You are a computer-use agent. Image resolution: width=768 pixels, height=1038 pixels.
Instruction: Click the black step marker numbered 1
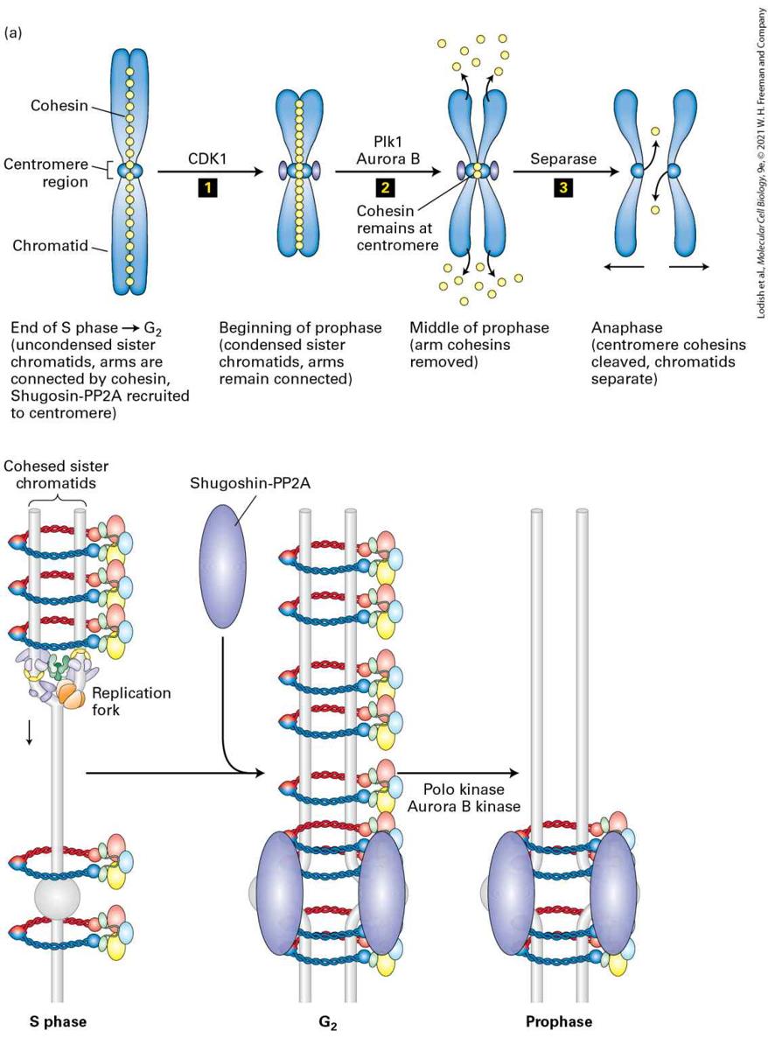[x=207, y=188]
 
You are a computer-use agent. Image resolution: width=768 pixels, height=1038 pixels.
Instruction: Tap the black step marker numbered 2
[x=384, y=188]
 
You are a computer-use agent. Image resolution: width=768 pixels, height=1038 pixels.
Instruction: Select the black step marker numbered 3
[x=563, y=188]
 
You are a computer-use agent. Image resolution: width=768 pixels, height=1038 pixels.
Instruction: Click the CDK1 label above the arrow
[x=207, y=159]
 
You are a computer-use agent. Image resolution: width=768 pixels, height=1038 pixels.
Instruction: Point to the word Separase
[x=563, y=159]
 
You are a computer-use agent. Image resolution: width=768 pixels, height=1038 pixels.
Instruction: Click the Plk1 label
[x=387, y=142]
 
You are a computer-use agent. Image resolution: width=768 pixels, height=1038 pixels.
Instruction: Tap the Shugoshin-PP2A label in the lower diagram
[x=250, y=482]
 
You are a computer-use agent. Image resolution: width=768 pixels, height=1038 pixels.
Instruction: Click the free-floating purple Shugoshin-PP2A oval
[x=222, y=565]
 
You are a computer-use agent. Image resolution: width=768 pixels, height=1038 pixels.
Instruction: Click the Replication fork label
[x=131, y=701]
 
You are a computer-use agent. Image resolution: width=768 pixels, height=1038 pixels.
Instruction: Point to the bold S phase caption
[x=58, y=1021]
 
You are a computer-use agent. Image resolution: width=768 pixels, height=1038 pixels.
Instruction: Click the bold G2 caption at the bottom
[x=328, y=1022]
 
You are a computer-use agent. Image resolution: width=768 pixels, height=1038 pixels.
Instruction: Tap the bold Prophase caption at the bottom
[x=559, y=1021]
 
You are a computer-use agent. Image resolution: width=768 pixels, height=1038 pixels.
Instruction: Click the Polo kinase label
[x=463, y=789]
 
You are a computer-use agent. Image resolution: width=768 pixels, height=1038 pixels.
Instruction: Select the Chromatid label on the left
[x=50, y=246]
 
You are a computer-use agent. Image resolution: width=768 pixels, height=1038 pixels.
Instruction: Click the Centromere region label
[x=45, y=172]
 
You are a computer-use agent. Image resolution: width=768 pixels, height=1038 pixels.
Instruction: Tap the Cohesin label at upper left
[x=59, y=105]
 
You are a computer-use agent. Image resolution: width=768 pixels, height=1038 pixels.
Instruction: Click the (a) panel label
[x=12, y=32]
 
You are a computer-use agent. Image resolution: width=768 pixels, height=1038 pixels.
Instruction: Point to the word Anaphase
[x=626, y=327]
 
